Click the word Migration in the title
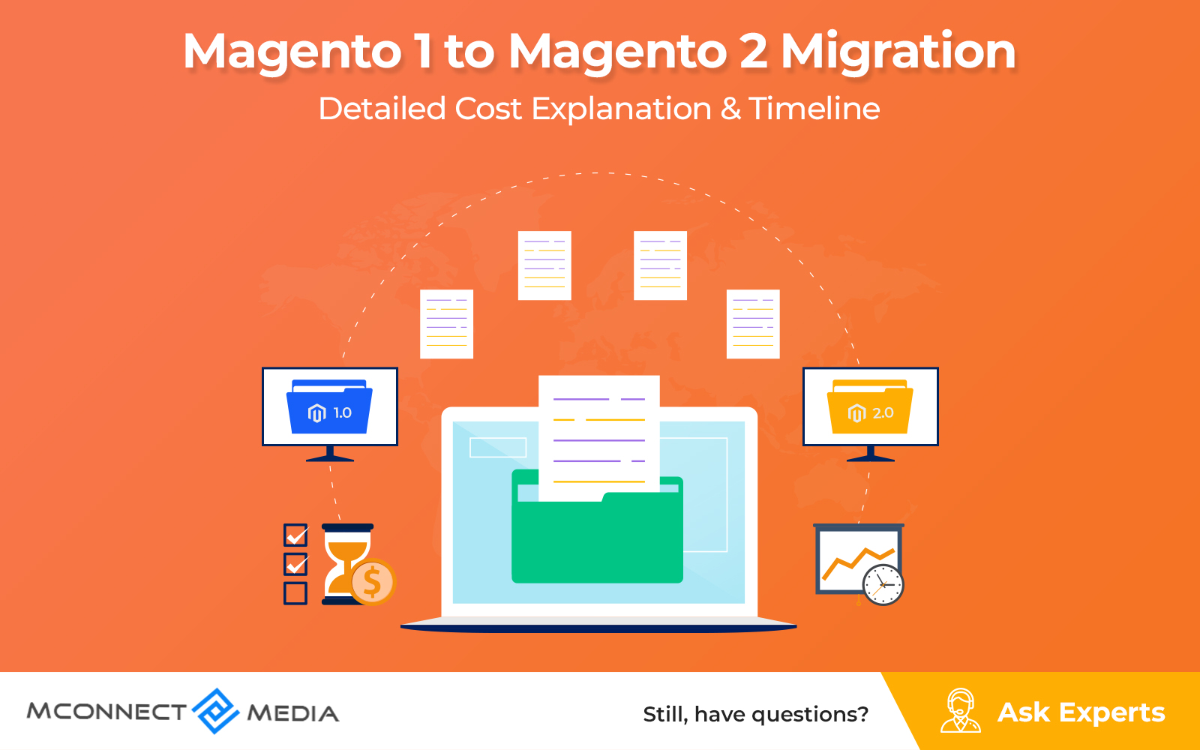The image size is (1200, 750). [898, 52]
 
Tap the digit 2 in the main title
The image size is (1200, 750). [754, 52]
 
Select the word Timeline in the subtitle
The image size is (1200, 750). [814, 109]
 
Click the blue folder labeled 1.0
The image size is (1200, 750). [329, 406]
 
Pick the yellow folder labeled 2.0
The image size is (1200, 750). [870, 406]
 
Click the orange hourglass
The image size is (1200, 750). [346, 564]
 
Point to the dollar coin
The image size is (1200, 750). [373, 582]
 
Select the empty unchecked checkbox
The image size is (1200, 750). [295, 593]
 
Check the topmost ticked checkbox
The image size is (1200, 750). [295, 535]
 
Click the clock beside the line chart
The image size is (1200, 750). [883, 584]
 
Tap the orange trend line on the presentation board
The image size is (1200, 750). [858, 563]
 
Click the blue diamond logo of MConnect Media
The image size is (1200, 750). [215, 712]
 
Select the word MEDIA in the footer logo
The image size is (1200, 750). [293, 713]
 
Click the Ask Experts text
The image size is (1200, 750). [1081, 712]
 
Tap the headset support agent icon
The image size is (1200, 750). [961, 710]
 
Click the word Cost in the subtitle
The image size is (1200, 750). [488, 109]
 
